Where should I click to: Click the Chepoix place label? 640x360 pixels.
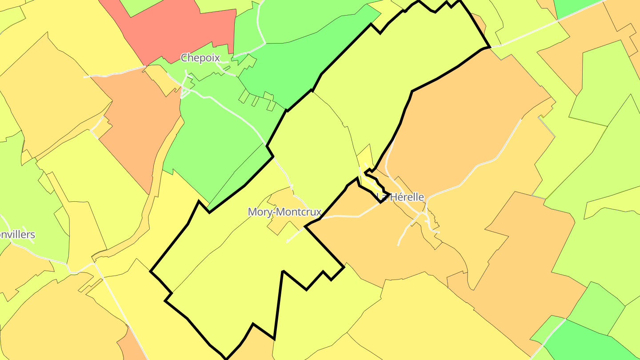coord(200,58)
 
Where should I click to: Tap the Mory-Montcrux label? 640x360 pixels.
coord(284,212)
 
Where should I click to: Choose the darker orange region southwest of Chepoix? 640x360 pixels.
coord(138,129)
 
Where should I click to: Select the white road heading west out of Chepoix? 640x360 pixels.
coord(116,72)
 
